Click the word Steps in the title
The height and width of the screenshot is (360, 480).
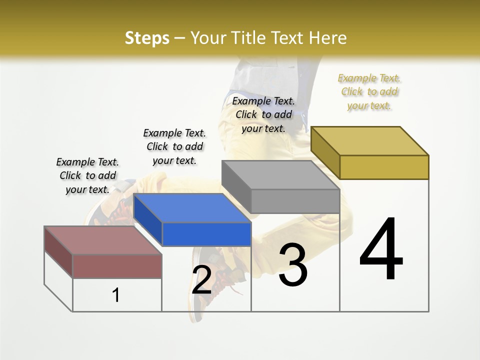point(147,38)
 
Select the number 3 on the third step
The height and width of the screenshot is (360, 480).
point(292,265)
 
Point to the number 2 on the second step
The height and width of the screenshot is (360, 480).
point(201,280)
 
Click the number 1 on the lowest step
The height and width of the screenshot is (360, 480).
point(116,295)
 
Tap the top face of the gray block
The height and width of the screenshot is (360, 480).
point(280,175)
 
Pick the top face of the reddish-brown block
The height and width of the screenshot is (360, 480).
point(103,240)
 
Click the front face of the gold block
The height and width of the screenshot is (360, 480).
point(384,167)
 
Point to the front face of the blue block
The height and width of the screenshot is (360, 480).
point(206,234)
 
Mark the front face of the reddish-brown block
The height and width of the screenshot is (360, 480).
point(117,266)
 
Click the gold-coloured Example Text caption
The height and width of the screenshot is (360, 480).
point(369,91)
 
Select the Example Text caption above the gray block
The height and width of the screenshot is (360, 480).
point(263,114)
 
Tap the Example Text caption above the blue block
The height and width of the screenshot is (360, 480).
point(174,146)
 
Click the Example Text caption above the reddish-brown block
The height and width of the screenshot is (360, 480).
point(87,175)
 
